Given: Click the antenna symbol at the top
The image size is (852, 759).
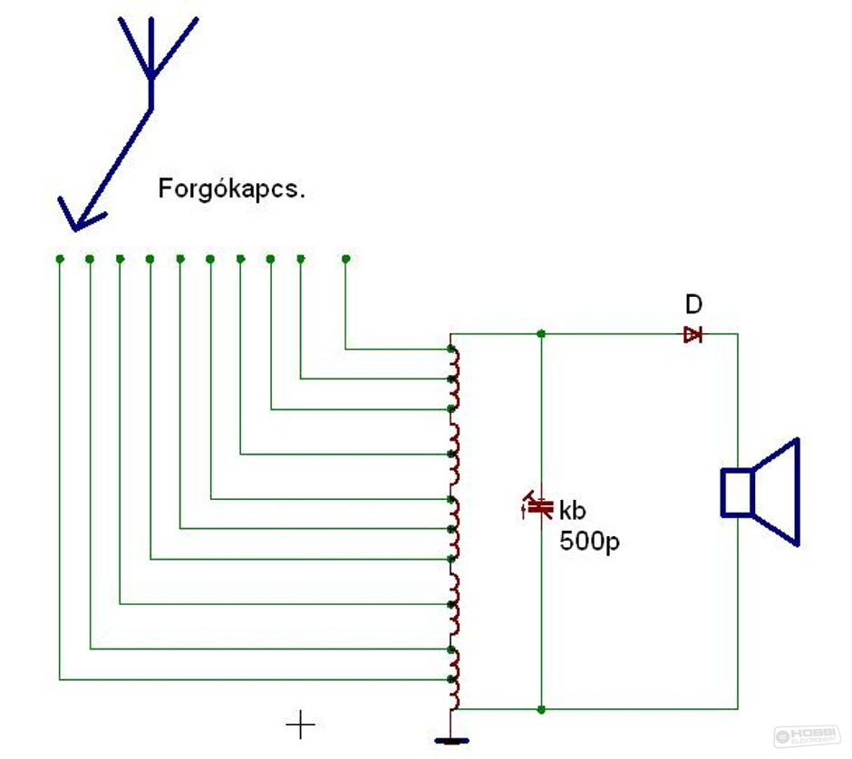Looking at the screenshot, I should tap(151, 54).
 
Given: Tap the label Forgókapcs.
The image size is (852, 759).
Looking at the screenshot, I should tap(231, 189).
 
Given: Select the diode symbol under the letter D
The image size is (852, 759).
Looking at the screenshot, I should tap(693, 334).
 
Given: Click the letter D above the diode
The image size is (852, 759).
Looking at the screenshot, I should tap(693, 304).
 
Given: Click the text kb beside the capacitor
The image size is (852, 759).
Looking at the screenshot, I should tap(574, 509).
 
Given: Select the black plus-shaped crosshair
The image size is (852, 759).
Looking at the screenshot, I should tap(300, 725).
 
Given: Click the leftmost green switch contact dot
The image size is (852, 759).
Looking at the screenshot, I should tap(60, 259).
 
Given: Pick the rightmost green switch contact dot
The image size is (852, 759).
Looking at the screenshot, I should tap(345, 259).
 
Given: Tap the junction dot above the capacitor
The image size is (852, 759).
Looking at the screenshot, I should tap(541, 334).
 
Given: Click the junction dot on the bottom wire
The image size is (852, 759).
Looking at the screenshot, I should tap(541, 708).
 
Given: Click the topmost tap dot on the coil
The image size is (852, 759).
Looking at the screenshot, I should tap(451, 349).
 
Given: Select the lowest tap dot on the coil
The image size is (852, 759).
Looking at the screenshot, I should tap(451, 679).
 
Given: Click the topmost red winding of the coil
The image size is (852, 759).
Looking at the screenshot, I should tap(456, 363).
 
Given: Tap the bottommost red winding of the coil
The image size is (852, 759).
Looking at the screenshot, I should tap(456, 695).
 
